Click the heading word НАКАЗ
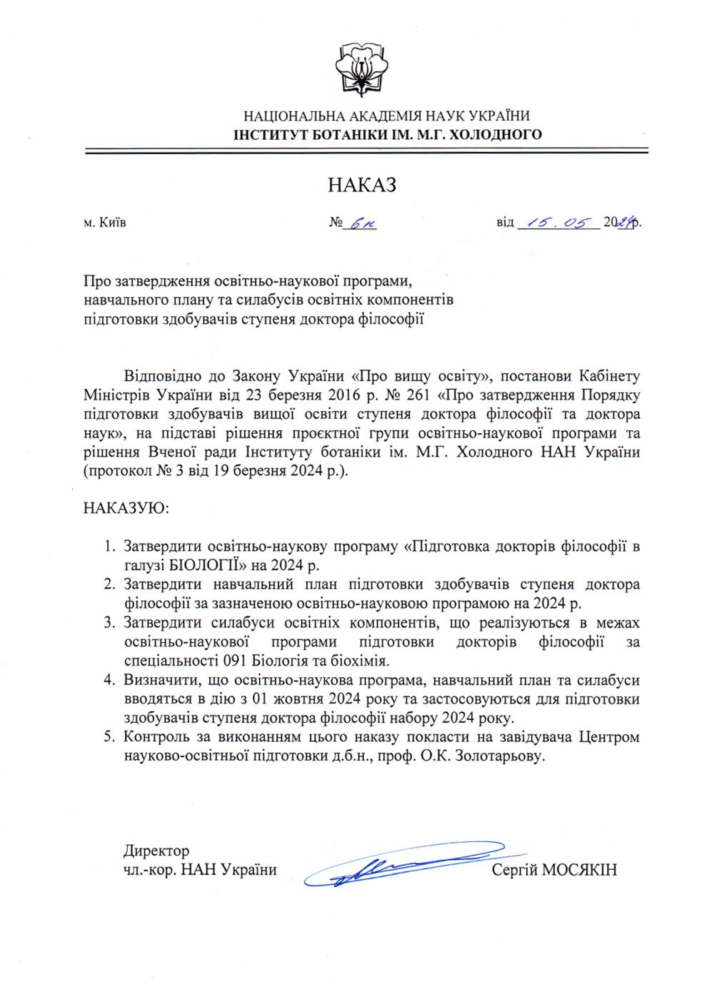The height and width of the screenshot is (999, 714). (362, 185)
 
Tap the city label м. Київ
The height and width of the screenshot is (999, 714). (105, 222)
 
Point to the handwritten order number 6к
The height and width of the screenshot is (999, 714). (361, 223)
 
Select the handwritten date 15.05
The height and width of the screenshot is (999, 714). (558, 223)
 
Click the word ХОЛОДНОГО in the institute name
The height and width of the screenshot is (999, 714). (496, 134)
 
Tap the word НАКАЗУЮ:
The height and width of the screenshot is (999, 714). (126, 509)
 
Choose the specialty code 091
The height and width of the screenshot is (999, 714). (237, 661)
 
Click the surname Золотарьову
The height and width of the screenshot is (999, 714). (499, 756)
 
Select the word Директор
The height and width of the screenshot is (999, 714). (156, 851)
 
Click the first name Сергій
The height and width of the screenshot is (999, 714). (514, 870)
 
